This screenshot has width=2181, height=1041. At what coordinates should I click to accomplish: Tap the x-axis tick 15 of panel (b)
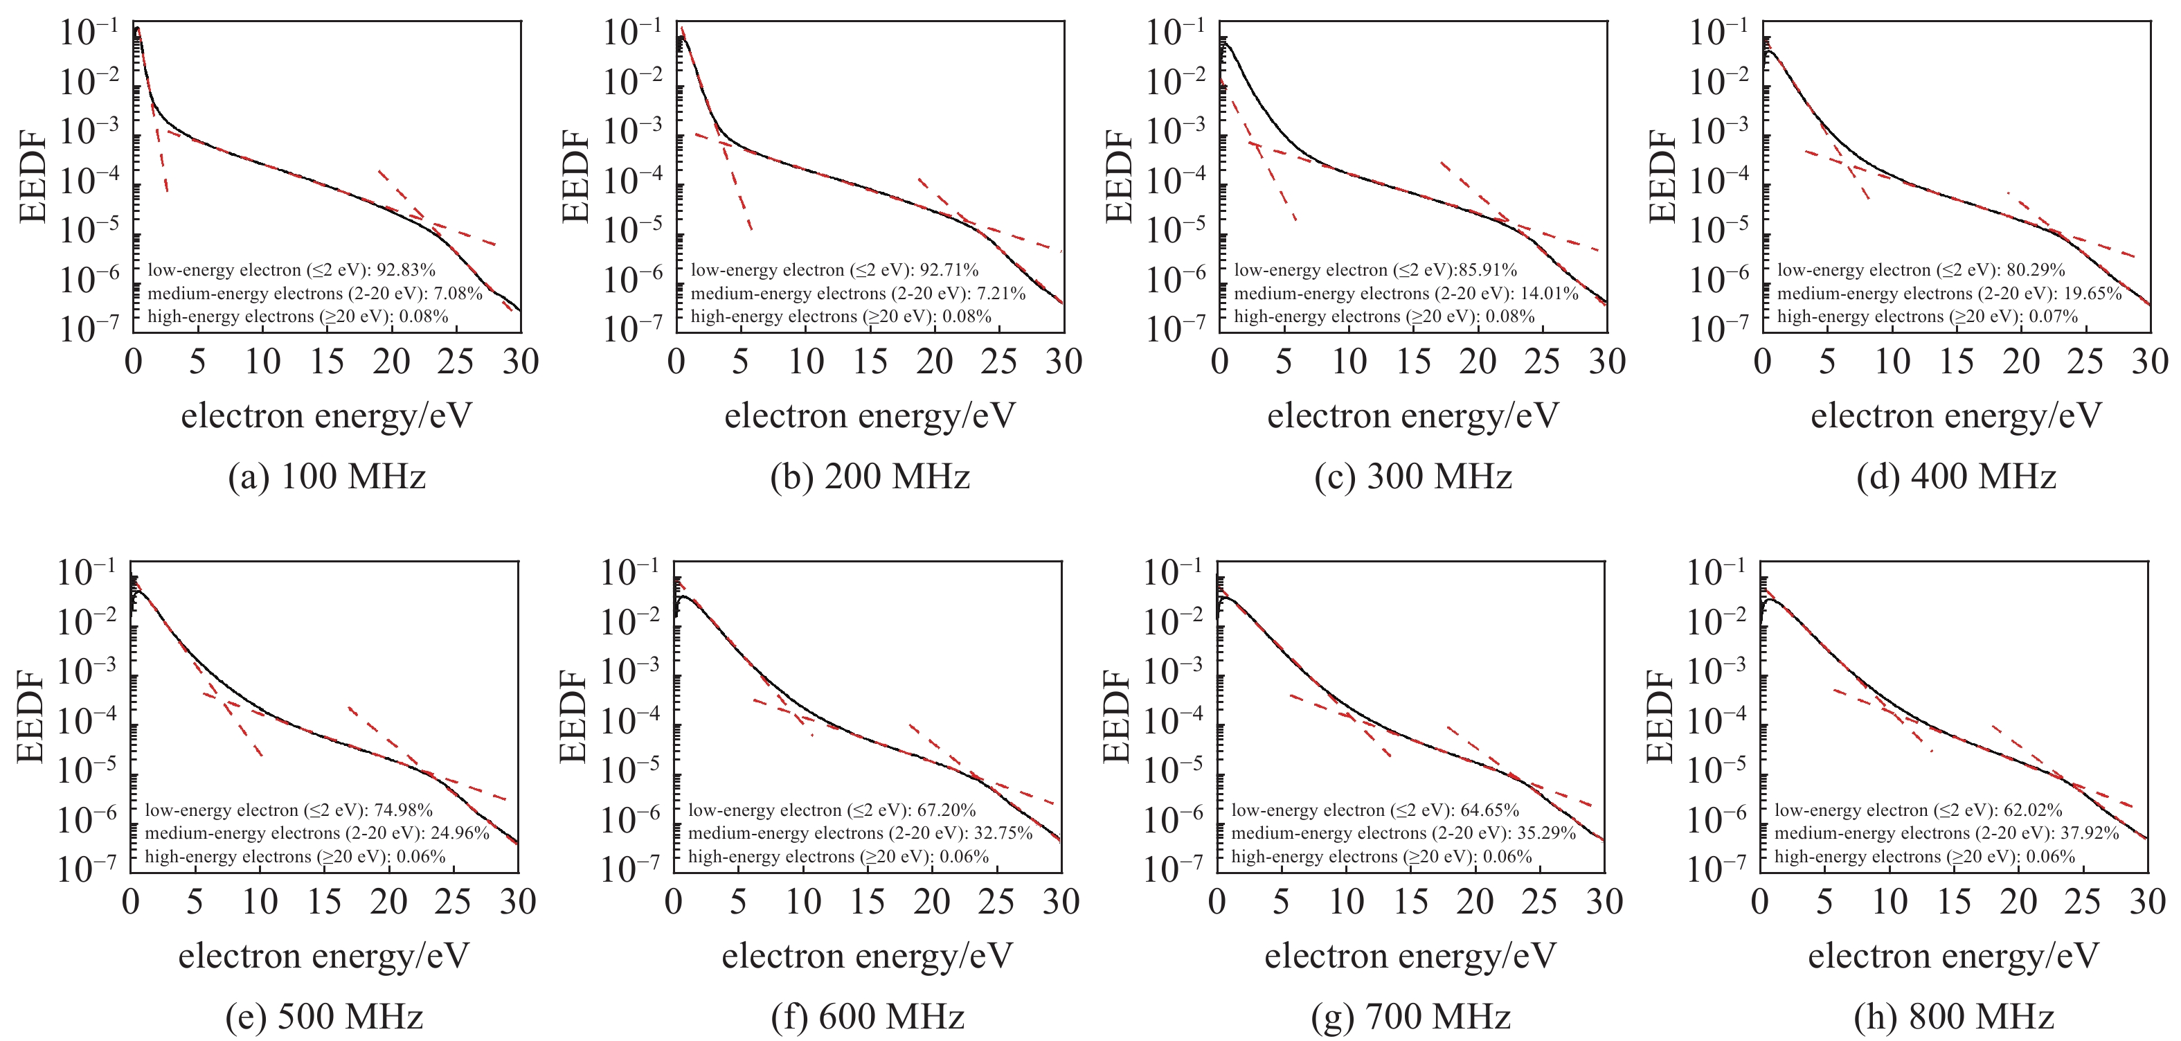point(870,362)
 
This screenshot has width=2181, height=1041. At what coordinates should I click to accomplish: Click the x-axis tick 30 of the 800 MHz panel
point(2147,902)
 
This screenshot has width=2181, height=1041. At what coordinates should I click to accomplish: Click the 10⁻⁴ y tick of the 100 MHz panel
point(90,180)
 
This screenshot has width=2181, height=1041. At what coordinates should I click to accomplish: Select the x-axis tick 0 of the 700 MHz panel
point(1217,902)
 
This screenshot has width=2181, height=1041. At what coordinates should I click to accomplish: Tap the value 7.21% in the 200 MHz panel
point(998,294)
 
